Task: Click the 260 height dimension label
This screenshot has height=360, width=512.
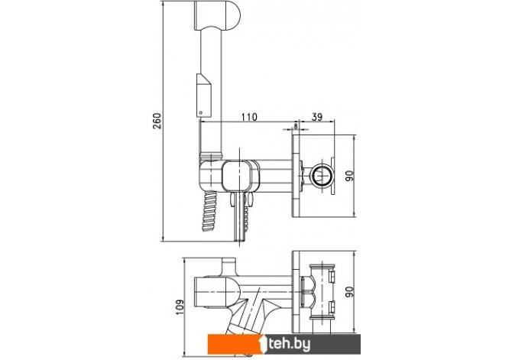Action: [x=157, y=121]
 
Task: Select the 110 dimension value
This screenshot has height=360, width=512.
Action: [x=249, y=117]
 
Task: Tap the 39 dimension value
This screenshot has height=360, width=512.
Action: [x=316, y=117]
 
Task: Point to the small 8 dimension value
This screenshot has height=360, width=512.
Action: [x=296, y=125]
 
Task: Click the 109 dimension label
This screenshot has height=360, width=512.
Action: [x=180, y=307]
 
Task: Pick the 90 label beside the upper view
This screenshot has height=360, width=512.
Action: [x=349, y=177]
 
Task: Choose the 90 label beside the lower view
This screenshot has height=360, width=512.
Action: [x=349, y=292]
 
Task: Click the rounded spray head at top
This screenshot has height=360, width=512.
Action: [x=217, y=15]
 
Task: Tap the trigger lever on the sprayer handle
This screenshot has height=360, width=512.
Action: [x=204, y=95]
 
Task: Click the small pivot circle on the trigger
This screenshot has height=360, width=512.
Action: [x=201, y=113]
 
